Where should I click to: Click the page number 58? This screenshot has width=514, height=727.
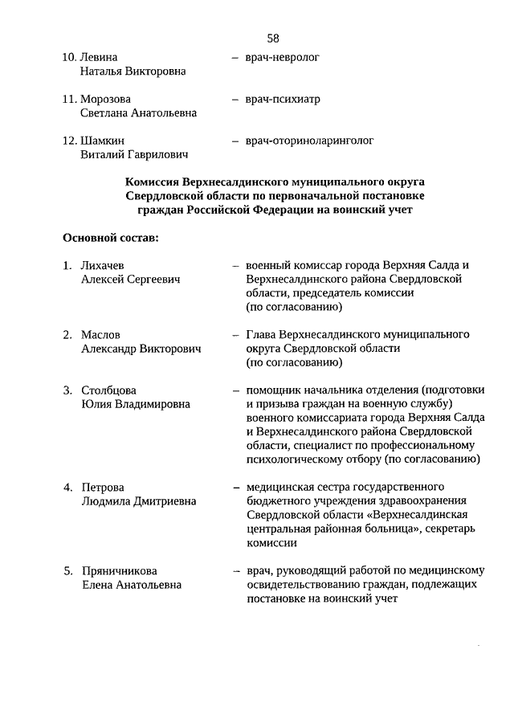point(273,38)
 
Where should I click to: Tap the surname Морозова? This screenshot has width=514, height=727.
point(106,100)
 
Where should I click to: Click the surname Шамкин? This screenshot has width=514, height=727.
point(103,141)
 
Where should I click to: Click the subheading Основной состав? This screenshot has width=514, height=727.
point(111,238)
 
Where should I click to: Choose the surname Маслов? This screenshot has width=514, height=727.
point(101,334)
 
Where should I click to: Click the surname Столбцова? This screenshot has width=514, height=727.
point(109,390)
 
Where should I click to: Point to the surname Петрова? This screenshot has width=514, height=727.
point(103,488)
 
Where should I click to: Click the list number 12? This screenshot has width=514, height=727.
point(69,141)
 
